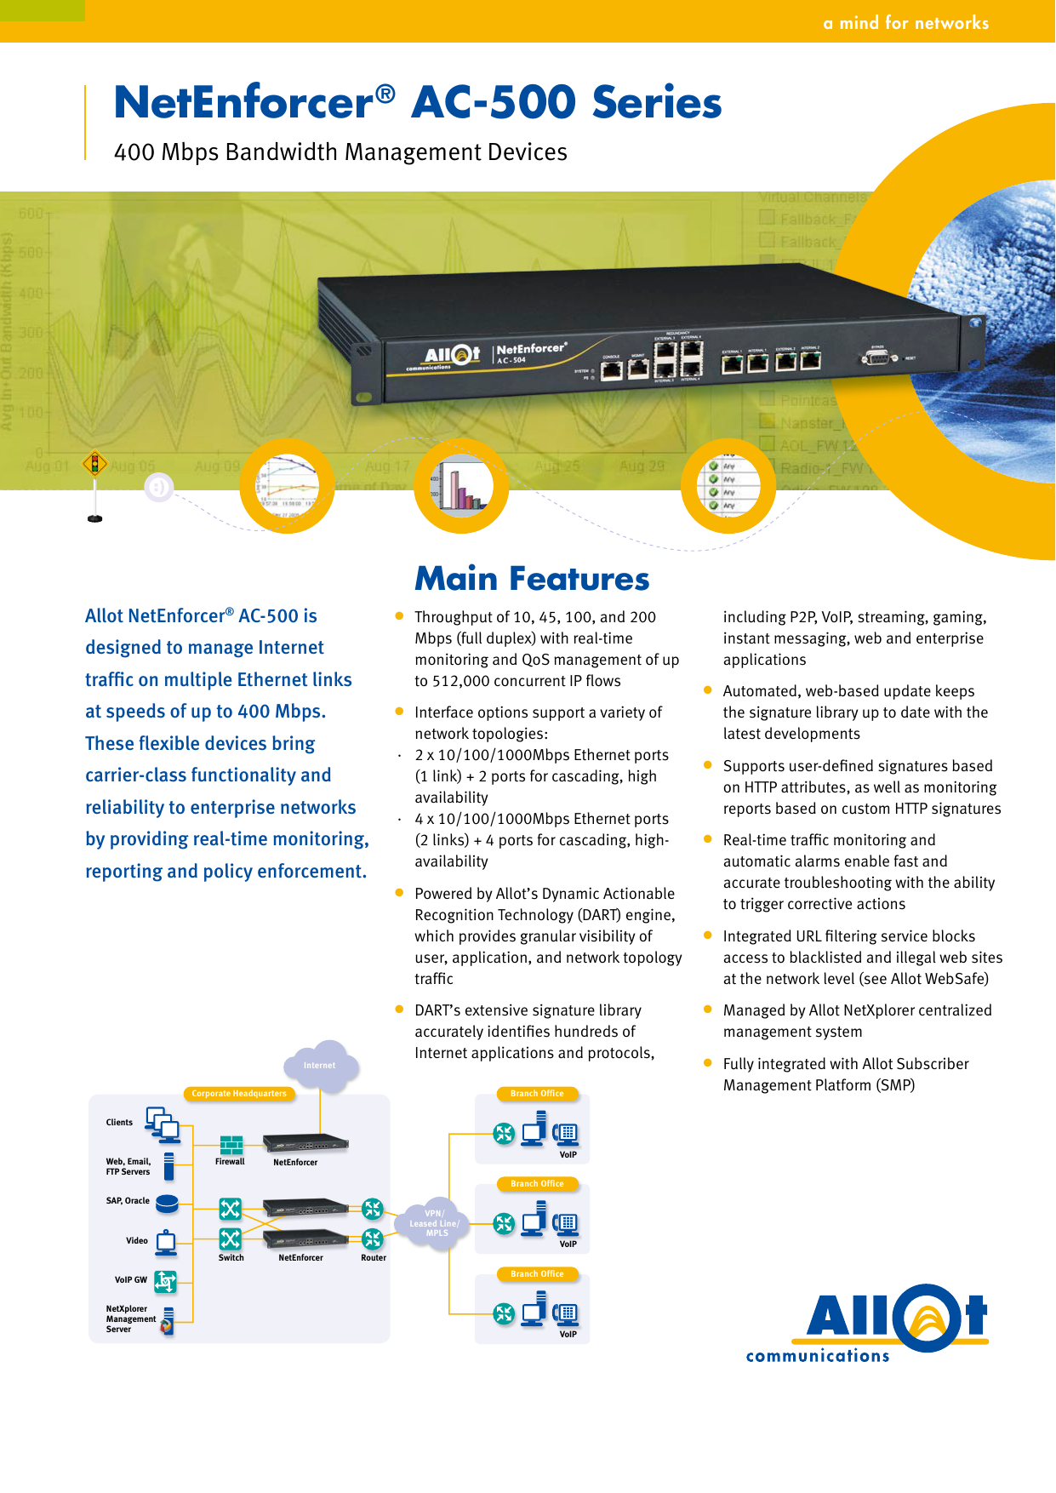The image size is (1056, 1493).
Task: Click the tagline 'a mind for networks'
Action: click(905, 23)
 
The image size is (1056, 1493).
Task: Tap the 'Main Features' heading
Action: click(532, 579)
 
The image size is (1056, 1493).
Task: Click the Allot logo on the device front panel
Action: click(451, 354)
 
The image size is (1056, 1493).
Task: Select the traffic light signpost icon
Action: click(94, 465)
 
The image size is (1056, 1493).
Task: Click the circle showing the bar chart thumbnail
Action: click(461, 486)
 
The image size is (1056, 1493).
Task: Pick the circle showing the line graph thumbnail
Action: click(287, 486)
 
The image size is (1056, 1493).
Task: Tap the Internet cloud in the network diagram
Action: click(320, 1066)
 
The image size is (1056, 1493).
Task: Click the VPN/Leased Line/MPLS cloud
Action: click(435, 1224)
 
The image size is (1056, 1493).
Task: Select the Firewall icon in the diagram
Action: click(231, 1144)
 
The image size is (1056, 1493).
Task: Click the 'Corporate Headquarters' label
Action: click(239, 1094)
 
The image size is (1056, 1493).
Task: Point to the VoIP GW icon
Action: click(166, 1280)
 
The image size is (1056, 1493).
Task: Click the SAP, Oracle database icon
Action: click(167, 1203)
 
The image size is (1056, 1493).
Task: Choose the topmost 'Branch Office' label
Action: click(537, 1094)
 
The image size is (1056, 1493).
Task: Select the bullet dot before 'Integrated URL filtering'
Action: click(707, 935)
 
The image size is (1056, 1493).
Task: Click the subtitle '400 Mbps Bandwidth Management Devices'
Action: click(340, 152)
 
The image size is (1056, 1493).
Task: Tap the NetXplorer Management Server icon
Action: click(168, 1320)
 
